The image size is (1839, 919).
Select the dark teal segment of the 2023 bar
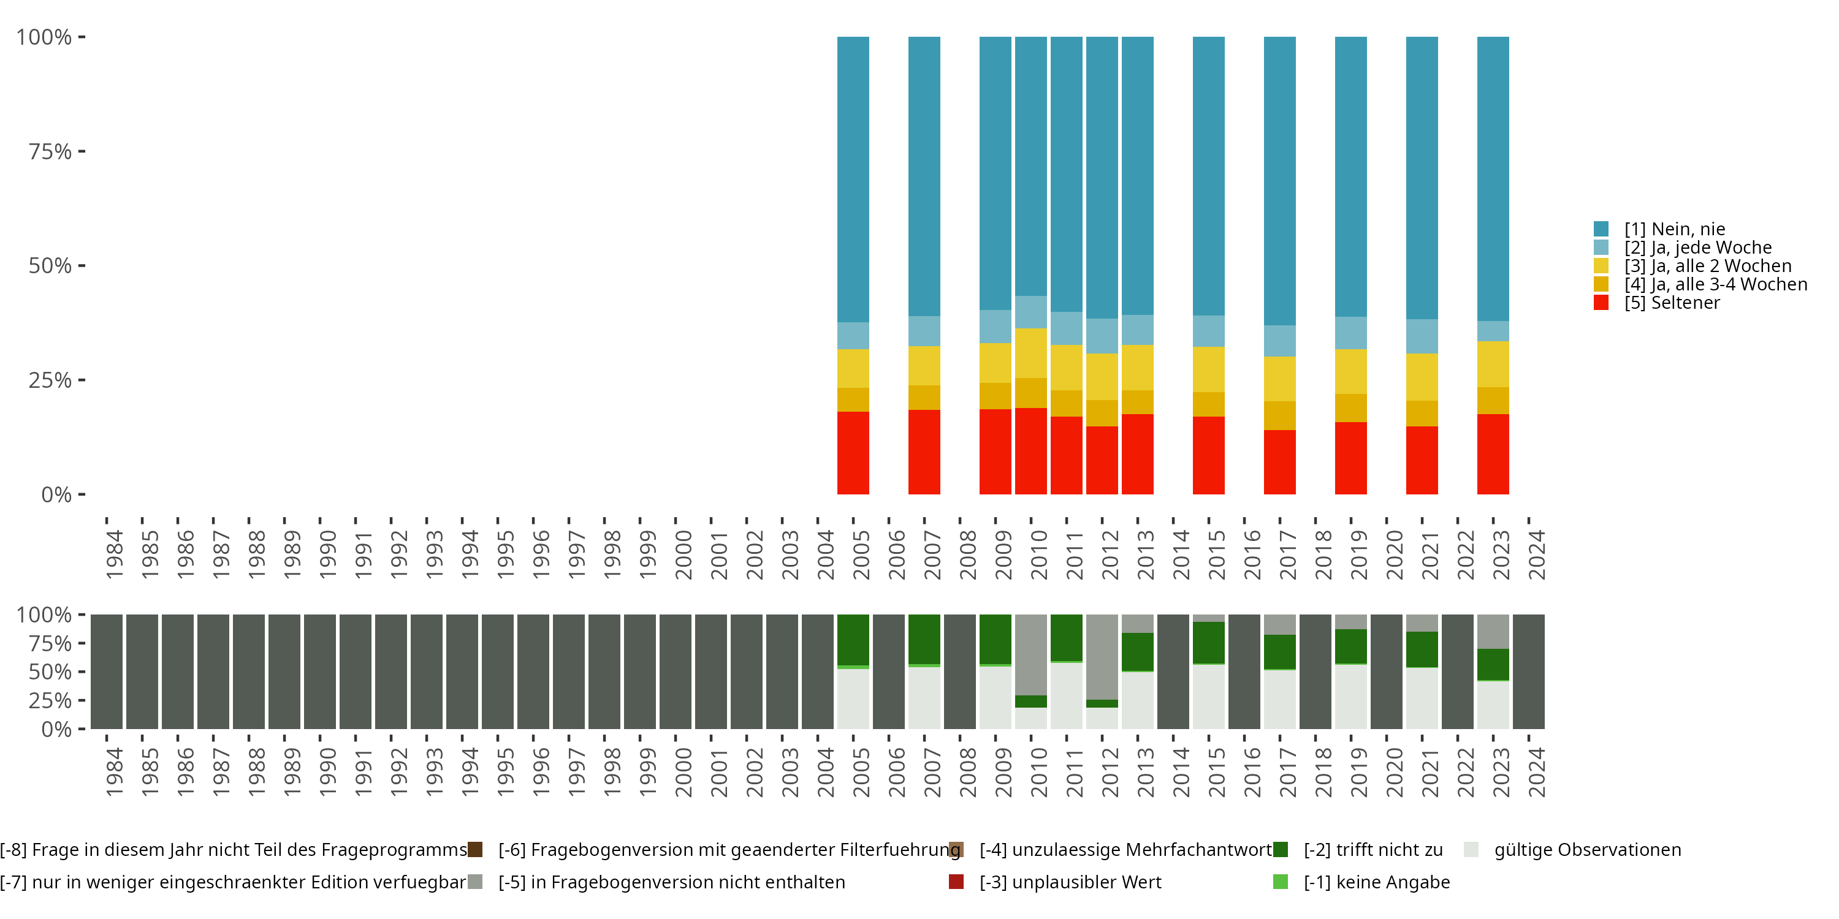click(1493, 178)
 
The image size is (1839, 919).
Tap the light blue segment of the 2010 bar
click(1031, 312)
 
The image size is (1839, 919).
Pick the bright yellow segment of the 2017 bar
click(1279, 378)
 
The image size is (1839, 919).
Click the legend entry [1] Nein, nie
click(1673, 229)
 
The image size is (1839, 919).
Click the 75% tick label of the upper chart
click(50, 151)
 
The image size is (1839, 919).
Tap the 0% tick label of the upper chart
click(56, 494)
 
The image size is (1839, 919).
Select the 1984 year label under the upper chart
click(114, 554)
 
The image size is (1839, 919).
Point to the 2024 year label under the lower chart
click(1536, 772)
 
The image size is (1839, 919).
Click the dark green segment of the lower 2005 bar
click(853, 639)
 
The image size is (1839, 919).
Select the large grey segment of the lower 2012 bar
click(1102, 656)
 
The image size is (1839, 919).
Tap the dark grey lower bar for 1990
click(320, 671)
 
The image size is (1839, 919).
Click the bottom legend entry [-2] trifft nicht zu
click(1372, 850)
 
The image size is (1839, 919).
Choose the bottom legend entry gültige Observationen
click(1587, 850)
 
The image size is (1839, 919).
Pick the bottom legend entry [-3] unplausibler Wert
click(1070, 882)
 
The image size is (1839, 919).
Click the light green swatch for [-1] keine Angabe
click(1281, 882)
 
